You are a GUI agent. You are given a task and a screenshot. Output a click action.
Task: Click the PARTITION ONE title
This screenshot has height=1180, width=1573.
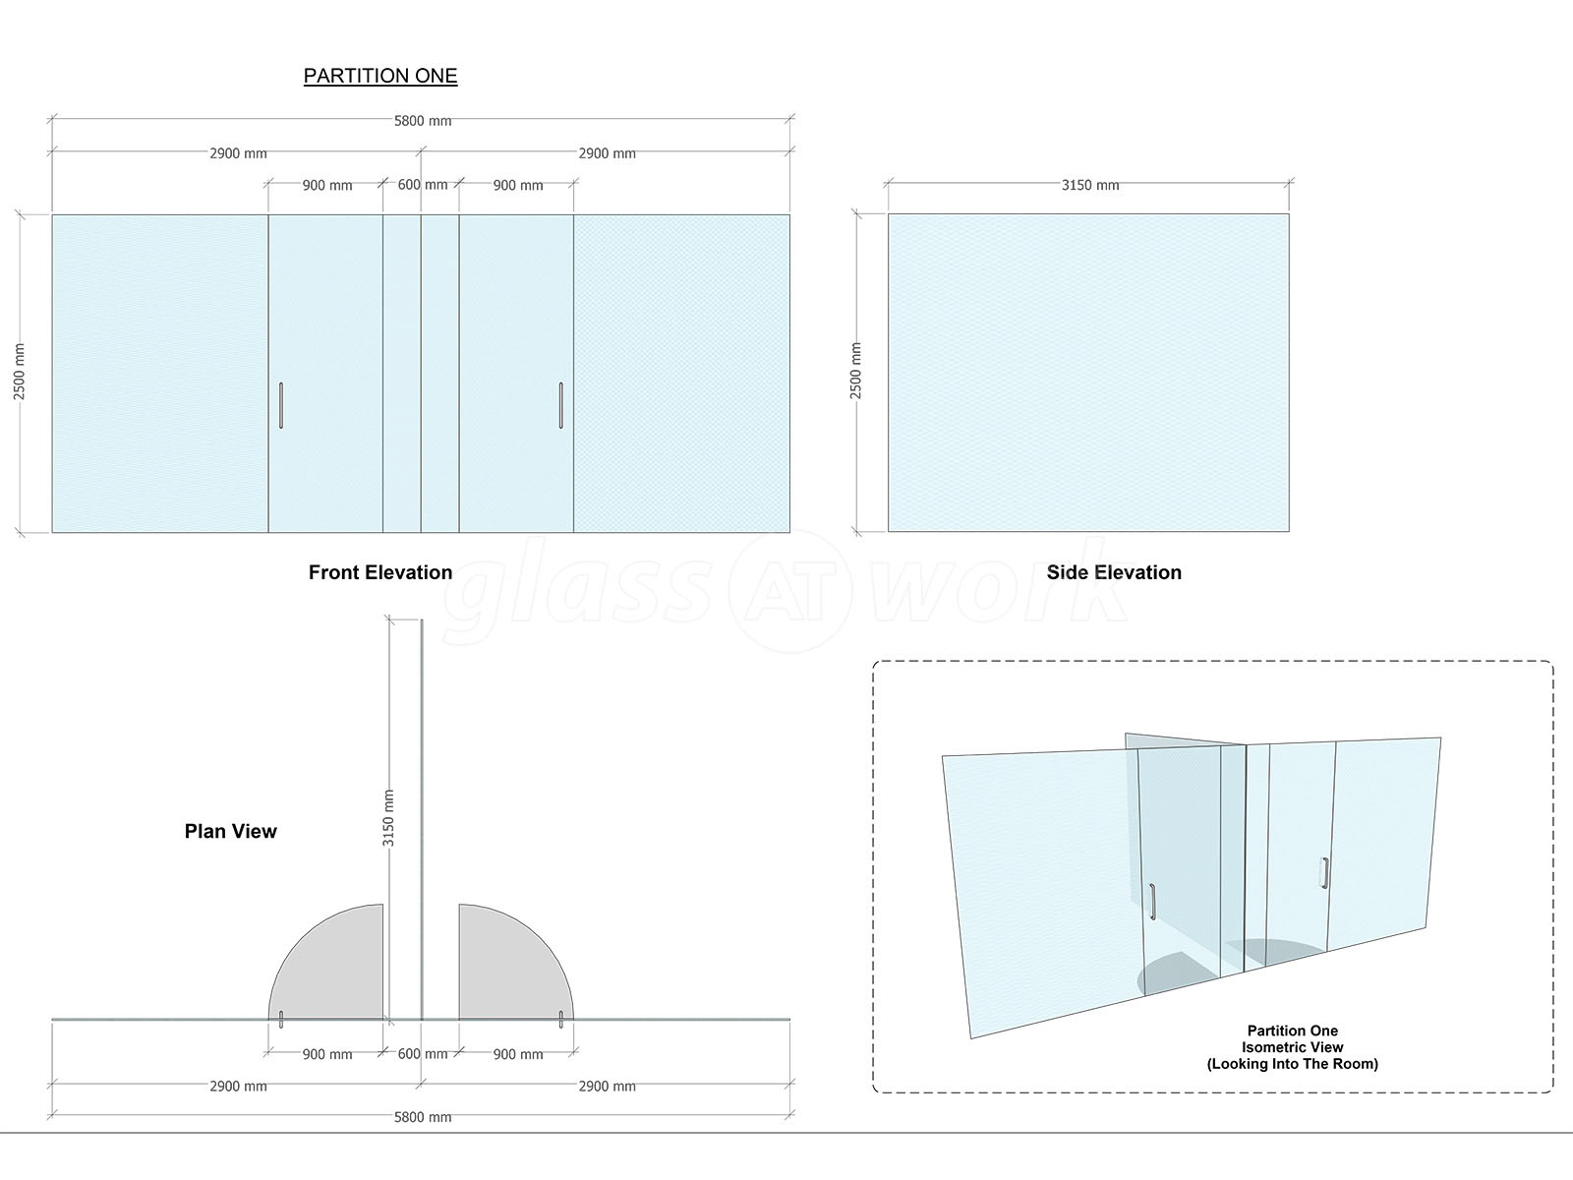pos(380,76)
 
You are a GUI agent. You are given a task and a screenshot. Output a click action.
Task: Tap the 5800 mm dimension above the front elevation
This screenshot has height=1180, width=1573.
pos(423,121)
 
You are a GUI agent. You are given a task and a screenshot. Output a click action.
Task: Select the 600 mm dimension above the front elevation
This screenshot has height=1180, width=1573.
pos(423,185)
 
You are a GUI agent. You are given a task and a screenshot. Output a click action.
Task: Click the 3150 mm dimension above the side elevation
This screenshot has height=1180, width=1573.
pos(1090,186)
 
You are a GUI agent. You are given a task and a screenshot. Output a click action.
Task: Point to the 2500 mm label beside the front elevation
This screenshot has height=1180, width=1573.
pos(20,372)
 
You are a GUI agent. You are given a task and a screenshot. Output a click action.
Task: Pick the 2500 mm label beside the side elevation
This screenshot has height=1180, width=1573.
pos(855,371)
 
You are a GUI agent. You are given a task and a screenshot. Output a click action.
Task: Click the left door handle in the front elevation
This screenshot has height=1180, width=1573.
pos(281,405)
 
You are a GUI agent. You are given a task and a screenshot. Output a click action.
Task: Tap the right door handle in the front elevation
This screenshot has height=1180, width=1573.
pos(561,405)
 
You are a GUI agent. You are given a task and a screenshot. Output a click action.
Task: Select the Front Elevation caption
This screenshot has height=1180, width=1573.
pos(380,572)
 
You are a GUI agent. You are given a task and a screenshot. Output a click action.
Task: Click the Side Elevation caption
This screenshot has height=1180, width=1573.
pos(1114,572)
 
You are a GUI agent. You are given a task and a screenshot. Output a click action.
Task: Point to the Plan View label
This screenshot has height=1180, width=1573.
pos(231,831)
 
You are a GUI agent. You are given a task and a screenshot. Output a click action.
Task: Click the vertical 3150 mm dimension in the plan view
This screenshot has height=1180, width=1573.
pos(388,818)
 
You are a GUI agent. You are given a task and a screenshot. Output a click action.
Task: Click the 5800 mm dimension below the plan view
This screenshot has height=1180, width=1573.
pos(423,1117)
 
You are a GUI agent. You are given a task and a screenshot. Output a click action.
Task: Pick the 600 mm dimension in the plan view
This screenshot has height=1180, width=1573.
pos(423,1054)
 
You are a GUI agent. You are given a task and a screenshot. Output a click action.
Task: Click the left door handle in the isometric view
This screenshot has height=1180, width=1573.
pos(1152,902)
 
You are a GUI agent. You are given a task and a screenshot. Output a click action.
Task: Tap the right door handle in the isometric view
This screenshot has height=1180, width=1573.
pos(1325,873)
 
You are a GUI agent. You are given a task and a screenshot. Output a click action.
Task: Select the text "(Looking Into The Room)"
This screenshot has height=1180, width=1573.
pos(1293,1064)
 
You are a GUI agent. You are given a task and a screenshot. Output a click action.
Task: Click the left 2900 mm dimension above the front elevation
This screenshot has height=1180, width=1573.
pos(238,153)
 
